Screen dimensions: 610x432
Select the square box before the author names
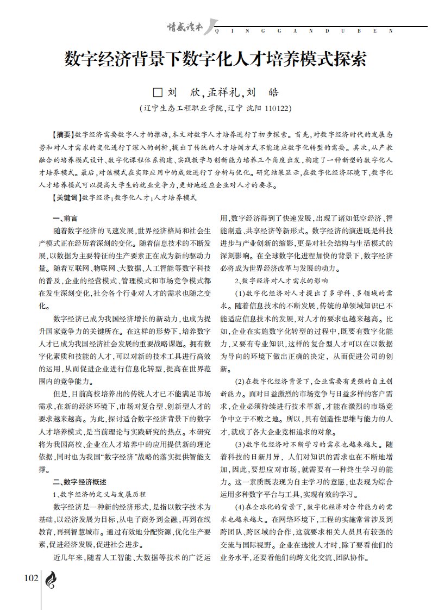coord(158,92)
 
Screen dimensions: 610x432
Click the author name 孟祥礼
coord(218,92)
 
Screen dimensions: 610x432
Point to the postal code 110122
coord(278,108)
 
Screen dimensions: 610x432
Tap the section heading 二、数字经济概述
coord(79,482)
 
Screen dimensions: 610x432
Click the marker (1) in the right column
coord(240,294)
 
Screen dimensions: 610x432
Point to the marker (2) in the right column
coord(240,382)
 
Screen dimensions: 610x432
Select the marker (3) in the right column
coord(240,445)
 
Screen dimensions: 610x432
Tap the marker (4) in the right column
coord(240,507)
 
